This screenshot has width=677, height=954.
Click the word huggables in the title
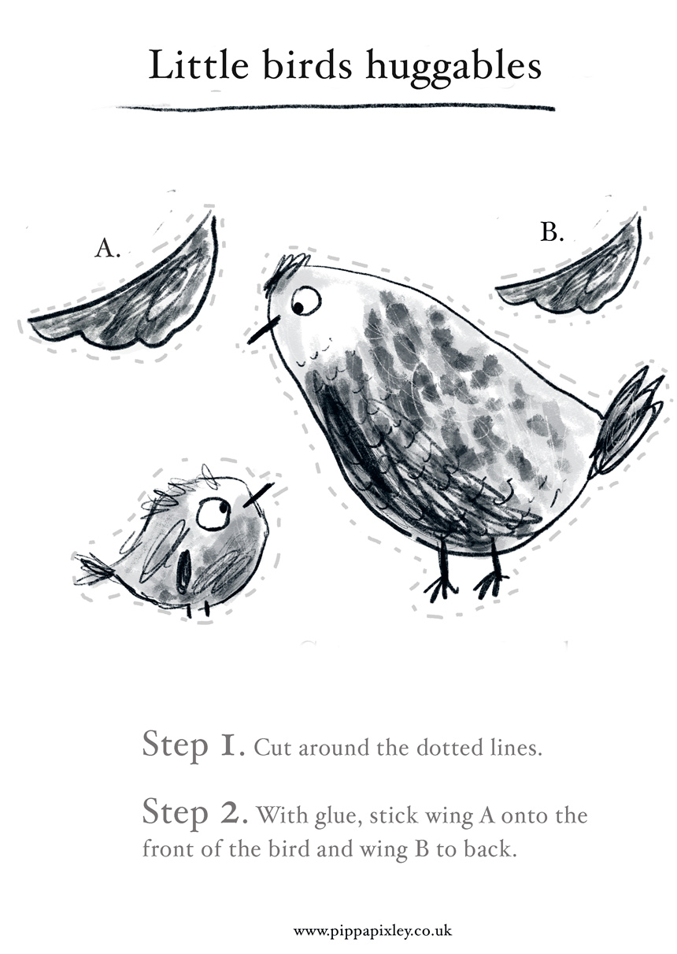(453, 67)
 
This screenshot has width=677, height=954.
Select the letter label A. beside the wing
(107, 248)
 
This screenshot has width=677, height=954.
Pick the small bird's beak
(259, 495)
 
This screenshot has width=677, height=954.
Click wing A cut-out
(128, 298)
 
